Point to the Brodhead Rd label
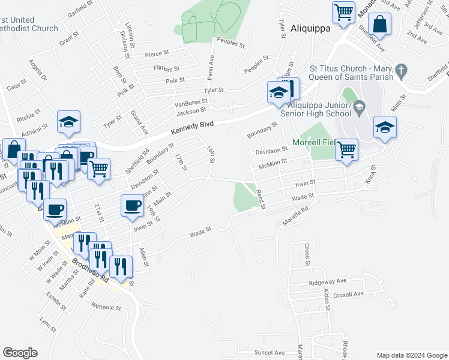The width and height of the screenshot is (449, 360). coord(91,271)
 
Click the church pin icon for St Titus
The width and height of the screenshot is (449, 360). coord(402,72)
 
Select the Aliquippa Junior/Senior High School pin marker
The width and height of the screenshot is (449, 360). coord(360,109)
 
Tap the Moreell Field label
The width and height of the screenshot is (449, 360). coord(312,142)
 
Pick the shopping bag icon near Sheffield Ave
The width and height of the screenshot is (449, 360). coord(380,25)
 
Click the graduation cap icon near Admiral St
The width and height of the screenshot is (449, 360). coord(69,121)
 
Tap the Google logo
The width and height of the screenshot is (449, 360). coord(20,353)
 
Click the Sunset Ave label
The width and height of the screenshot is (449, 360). coord(269,353)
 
